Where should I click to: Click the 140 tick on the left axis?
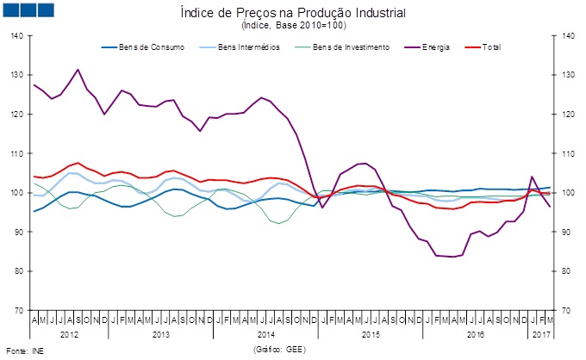18,36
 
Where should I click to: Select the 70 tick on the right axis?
567,310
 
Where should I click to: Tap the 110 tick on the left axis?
18,153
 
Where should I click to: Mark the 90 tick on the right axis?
567,232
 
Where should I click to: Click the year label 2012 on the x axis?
70,333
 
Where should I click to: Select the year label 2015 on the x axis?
371,333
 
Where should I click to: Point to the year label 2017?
541,333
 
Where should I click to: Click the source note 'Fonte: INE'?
25,351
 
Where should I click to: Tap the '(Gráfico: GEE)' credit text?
281,350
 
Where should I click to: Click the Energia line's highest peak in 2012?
78,70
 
